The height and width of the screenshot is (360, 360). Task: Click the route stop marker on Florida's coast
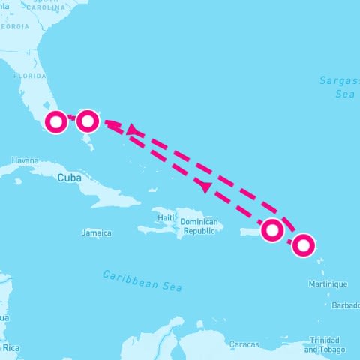56,121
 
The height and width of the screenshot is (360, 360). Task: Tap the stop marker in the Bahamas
88,120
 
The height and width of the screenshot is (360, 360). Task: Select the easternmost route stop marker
303,244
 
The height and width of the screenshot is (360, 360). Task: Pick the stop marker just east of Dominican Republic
272,230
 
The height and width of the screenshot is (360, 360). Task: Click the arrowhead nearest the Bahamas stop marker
133,130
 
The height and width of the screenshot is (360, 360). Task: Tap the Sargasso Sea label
335,87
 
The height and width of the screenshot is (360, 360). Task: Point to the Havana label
25,160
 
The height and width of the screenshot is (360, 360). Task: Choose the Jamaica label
96,233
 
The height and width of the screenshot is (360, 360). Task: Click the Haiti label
166,217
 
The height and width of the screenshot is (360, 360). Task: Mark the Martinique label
328,284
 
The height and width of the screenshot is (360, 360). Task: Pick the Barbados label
346,305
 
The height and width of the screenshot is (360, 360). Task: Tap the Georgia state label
14,26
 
